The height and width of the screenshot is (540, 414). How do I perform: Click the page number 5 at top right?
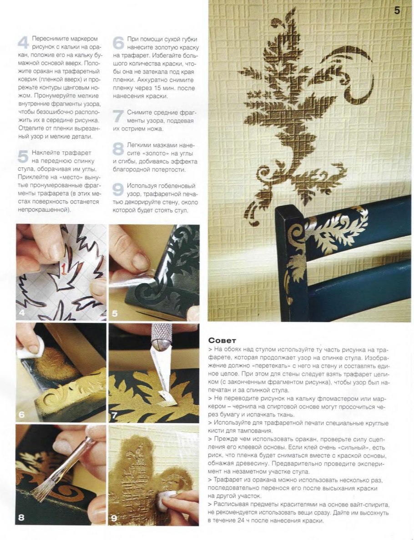coord(397,10)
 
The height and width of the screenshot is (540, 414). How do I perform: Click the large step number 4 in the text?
coord(24,43)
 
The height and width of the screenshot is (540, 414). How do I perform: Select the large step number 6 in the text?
coord(118,43)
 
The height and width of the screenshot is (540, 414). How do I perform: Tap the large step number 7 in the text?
coord(118,116)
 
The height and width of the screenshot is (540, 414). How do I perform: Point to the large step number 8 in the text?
coord(118,149)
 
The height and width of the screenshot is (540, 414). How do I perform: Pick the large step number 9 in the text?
coord(118,190)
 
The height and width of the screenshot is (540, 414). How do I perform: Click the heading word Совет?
coord(222,340)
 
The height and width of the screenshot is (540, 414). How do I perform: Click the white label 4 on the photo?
coord(22,313)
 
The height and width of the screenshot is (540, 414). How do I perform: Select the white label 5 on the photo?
coord(115,313)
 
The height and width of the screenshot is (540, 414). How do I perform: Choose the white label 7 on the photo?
coord(115,415)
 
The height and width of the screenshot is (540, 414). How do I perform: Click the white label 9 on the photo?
coord(115,518)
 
